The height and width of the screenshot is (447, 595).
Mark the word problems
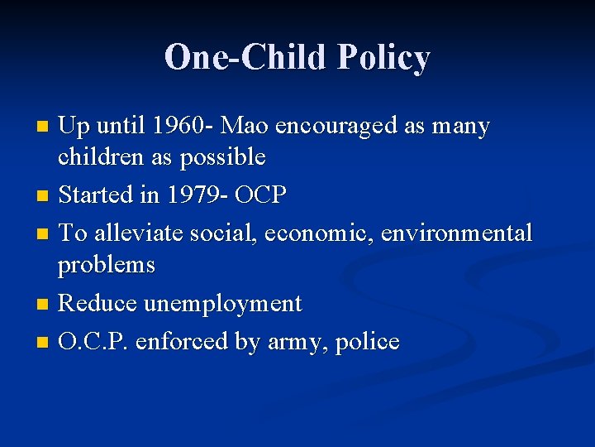107,265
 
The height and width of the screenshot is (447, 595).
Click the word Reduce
98,303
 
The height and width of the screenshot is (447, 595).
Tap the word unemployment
223,304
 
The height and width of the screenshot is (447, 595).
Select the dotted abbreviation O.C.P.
92,341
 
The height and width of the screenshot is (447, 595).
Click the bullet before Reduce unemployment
44,305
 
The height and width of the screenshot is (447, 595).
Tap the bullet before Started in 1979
44,196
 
